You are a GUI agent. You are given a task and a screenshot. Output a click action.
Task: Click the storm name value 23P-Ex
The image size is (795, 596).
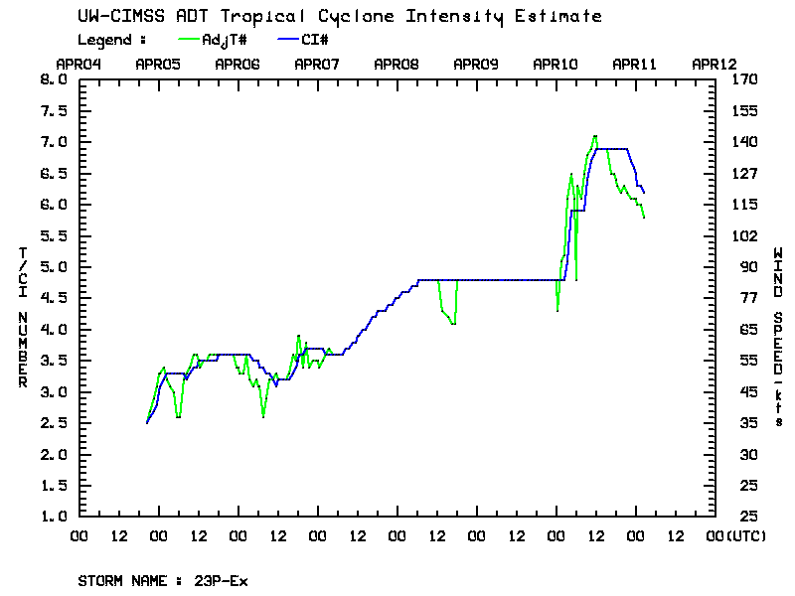221,581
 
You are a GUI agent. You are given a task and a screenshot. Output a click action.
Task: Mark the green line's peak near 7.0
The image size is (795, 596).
594,136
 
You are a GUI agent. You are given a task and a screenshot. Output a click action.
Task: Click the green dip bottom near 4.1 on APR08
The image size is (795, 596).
452,324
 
